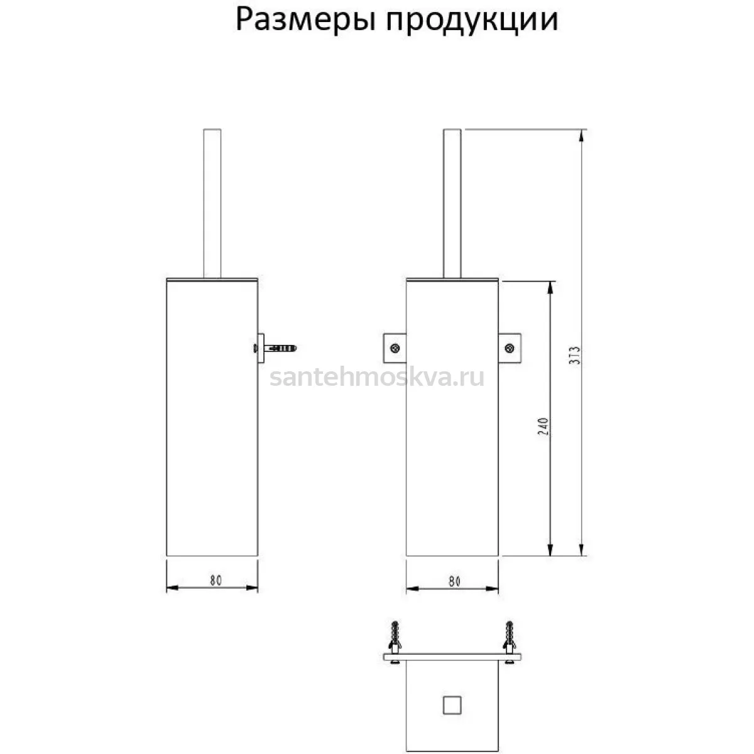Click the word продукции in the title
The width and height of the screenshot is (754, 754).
pyautogui.click(x=472, y=21)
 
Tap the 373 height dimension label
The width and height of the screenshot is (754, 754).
pyautogui.click(x=574, y=356)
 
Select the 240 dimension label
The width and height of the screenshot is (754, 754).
pyautogui.click(x=543, y=427)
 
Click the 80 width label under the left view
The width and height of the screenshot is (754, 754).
pyautogui.click(x=216, y=581)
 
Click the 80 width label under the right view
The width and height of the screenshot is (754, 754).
pyautogui.click(x=454, y=582)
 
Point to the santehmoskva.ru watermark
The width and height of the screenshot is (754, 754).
pyautogui.click(x=377, y=378)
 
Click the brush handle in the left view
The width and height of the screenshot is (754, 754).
pyautogui.click(x=212, y=204)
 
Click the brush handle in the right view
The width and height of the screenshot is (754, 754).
pyautogui.click(x=452, y=204)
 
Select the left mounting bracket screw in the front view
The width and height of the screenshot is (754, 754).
pyautogui.click(x=395, y=348)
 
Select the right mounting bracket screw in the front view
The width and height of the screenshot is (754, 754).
pyautogui.click(x=510, y=348)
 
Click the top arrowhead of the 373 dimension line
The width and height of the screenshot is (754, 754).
pyautogui.click(x=582, y=135)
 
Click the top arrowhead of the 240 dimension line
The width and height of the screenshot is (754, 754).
pyautogui.click(x=550, y=288)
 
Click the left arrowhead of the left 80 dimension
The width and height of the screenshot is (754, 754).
pyautogui.click(x=173, y=587)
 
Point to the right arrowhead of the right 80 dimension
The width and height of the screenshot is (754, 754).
pyautogui.click(x=492, y=589)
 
